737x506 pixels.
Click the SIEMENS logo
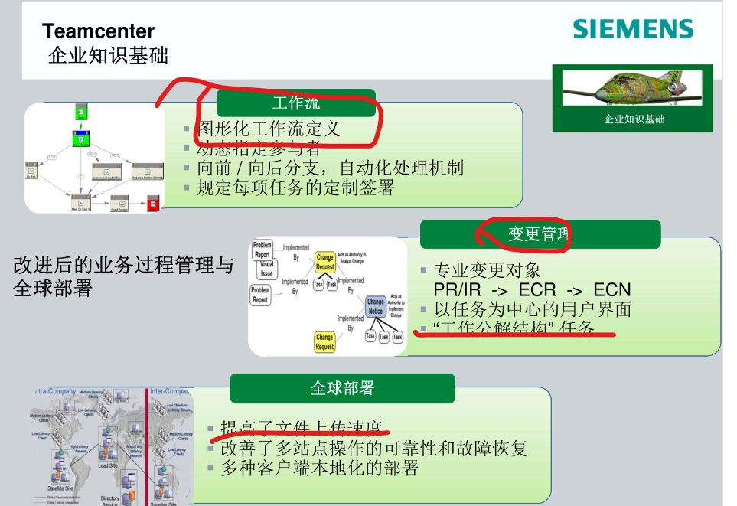[x=633, y=30]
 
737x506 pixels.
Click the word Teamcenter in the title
[x=98, y=31]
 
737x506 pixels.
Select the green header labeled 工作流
[x=295, y=103]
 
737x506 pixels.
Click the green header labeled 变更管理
[x=540, y=234]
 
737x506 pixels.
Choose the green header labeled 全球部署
[x=342, y=388]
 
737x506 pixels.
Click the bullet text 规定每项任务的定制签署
[x=295, y=188]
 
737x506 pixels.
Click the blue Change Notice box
[x=375, y=306]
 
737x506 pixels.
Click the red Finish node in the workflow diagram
[x=153, y=204]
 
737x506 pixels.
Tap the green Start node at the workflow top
[x=81, y=112]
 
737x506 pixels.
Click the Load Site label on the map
[x=108, y=465]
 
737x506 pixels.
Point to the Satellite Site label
[x=59, y=488]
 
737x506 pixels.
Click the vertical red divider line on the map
[x=146, y=444]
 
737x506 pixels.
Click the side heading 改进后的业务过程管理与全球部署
[x=122, y=277]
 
